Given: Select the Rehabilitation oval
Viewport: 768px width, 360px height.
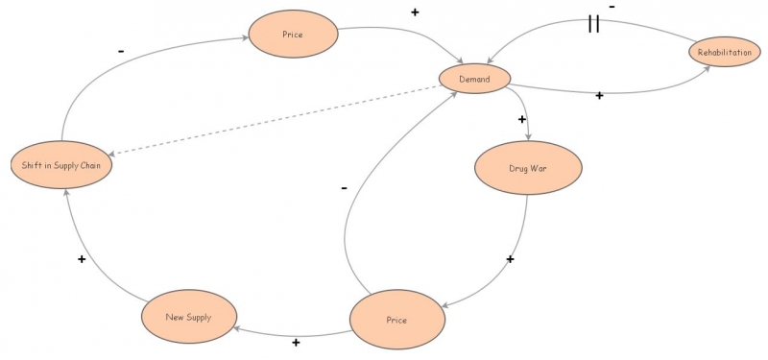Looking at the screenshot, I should (725, 52).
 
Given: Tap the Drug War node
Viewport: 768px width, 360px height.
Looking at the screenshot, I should (517, 169).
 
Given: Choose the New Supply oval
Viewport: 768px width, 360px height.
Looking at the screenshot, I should (187, 317).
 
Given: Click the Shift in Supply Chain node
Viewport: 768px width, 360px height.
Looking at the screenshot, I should (62, 165).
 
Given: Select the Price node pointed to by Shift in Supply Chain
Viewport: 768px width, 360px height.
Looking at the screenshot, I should (293, 35).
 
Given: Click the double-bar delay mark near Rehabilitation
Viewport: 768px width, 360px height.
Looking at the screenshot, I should (593, 24).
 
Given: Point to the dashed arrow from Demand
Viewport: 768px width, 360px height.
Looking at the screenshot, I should (278, 122).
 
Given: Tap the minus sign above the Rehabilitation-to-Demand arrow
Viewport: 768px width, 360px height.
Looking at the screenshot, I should (612, 7).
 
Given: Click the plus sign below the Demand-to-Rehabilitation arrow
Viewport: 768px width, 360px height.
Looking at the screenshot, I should (599, 95).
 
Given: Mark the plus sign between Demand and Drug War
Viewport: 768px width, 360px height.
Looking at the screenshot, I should (522, 120).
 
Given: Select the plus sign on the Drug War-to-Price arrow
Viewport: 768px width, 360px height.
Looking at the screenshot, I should (510, 259).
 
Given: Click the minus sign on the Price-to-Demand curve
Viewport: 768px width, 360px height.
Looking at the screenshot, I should (344, 188).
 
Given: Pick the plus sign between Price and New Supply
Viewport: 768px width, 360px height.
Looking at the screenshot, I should (296, 343).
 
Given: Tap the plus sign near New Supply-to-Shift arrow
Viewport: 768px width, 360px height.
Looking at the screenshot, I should (82, 259).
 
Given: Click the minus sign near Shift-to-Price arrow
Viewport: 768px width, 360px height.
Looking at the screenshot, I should (120, 49).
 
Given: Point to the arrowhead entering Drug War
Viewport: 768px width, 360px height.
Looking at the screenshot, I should (529, 142).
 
